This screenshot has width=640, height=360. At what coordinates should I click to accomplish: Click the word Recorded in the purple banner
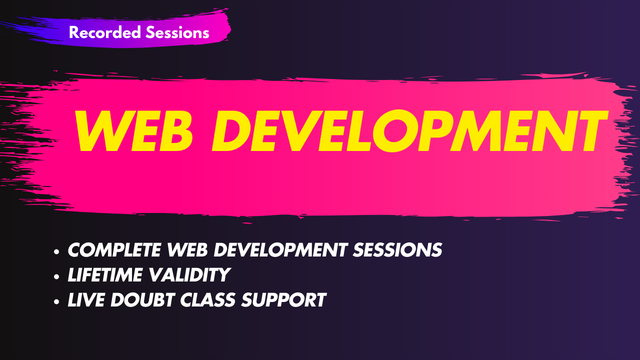pyautogui.click(x=105, y=32)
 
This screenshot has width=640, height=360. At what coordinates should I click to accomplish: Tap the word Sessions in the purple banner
pyautogui.click(x=177, y=32)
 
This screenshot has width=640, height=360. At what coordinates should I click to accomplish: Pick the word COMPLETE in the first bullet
pyautogui.click(x=114, y=249)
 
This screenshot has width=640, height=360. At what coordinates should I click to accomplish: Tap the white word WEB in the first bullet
pyautogui.click(x=187, y=249)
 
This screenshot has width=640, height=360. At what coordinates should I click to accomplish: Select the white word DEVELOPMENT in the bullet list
pyautogui.click(x=280, y=249)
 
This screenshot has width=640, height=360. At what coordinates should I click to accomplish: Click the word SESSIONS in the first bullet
pyautogui.click(x=397, y=249)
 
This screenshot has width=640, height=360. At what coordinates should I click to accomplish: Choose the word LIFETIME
pyautogui.click(x=105, y=275)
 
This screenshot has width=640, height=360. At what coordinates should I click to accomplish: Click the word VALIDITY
pyautogui.click(x=189, y=275)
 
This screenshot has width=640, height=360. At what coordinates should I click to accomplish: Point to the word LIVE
pyautogui.click(x=86, y=299)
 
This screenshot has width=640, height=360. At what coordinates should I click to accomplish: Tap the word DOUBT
pyautogui.click(x=142, y=299)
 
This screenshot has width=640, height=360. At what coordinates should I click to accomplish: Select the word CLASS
pyautogui.click(x=207, y=299)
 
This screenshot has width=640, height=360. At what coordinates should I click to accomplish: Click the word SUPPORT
pyautogui.click(x=283, y=299)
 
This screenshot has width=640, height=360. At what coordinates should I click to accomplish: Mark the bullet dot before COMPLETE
pyautogui.click(x=56, y=251)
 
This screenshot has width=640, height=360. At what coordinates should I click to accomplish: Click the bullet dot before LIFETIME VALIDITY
pyautogui.click(x=56, y=276)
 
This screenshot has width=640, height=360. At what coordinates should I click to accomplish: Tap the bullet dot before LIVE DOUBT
pyautogui.click(x=56, y=301)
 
